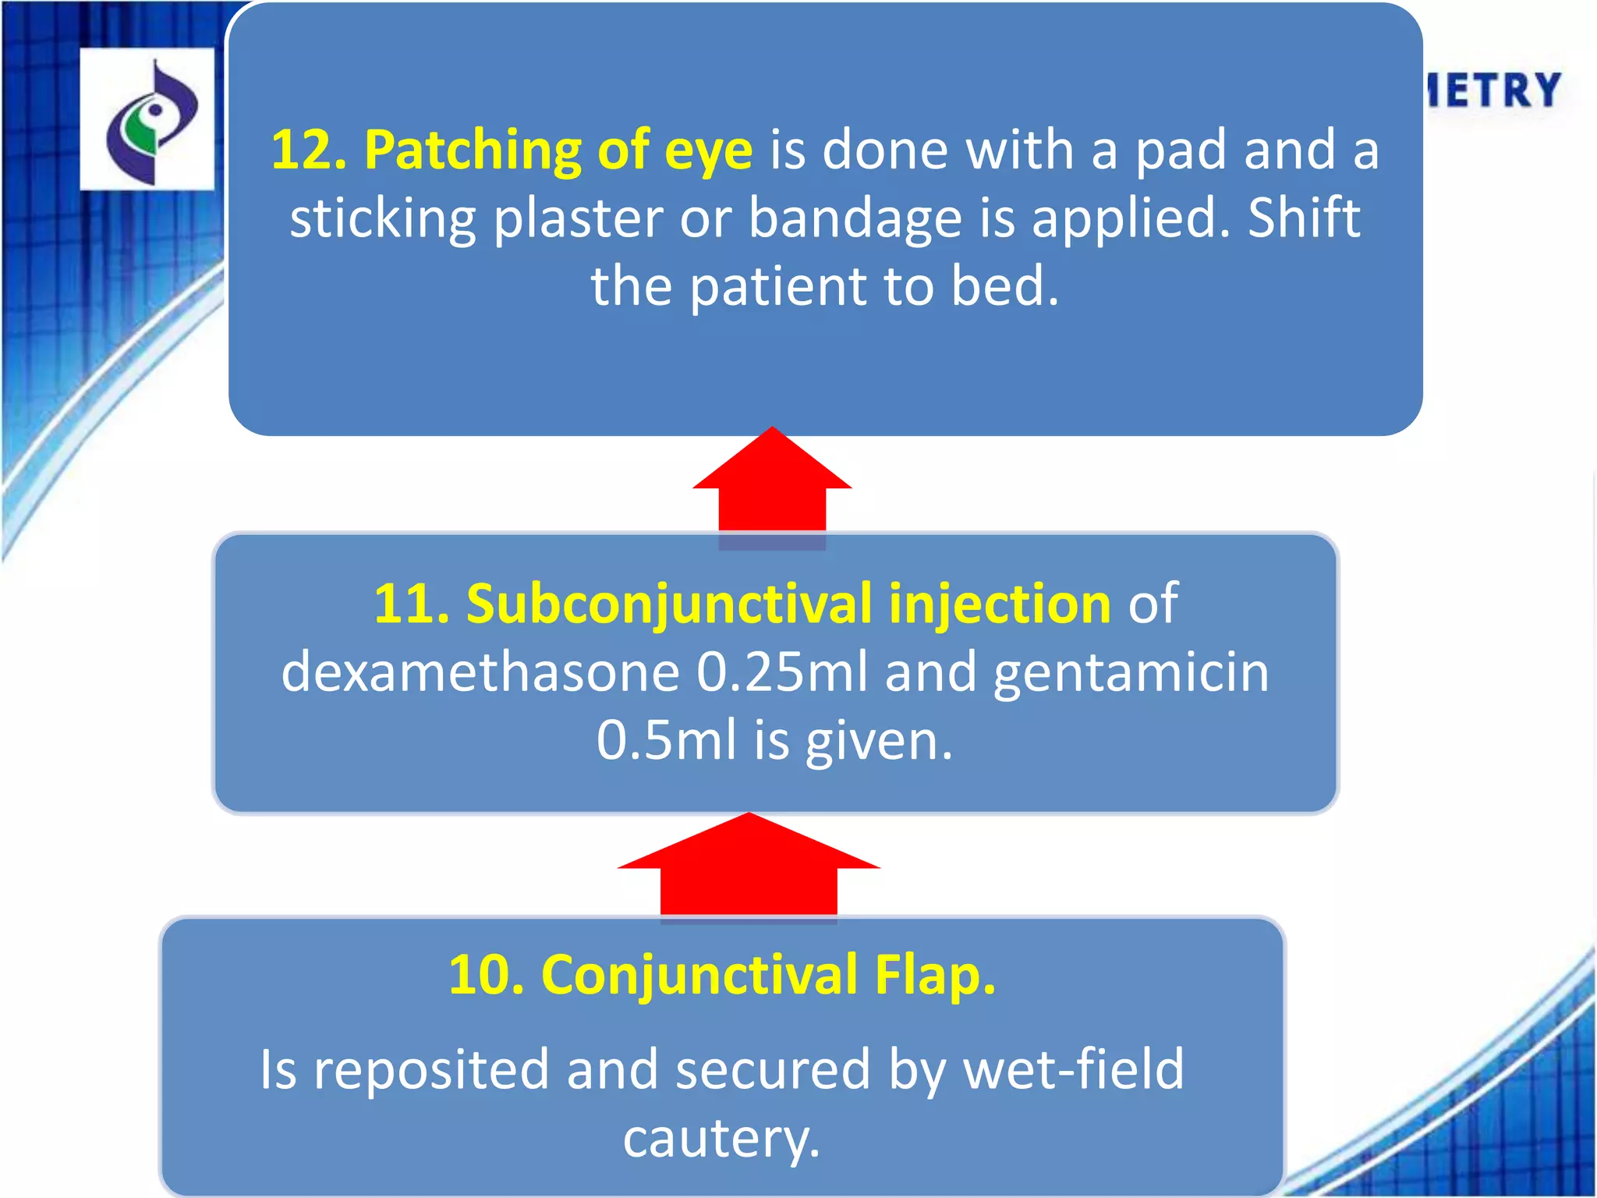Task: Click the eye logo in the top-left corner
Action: click(x=147, y=119)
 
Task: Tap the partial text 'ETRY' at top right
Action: click(x=1493, y=90)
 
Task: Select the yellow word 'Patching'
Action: click(x=473, y=151)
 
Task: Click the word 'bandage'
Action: click(x=855, y=219)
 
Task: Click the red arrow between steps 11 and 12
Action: click(x=772, y=483)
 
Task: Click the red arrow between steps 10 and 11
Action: click(x=749, y=866)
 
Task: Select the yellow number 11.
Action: click(x=412, y=604)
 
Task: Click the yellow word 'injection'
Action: click(x=1000, y=605)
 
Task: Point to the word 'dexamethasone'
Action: click(x=480, y=672)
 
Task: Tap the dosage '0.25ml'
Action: click(x=781, y=672)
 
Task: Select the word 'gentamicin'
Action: click(x=1131, y=673)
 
